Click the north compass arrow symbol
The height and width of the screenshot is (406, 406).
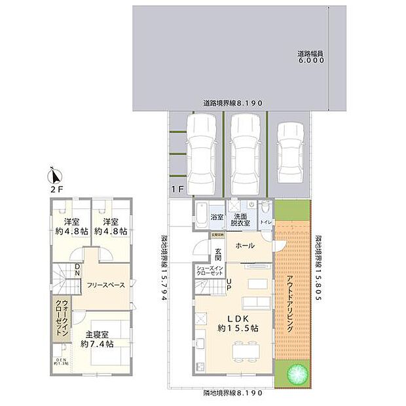[55, 175]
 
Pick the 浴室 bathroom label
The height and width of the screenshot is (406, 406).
[217, 217]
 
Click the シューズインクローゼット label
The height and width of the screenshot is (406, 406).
[210, 272]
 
